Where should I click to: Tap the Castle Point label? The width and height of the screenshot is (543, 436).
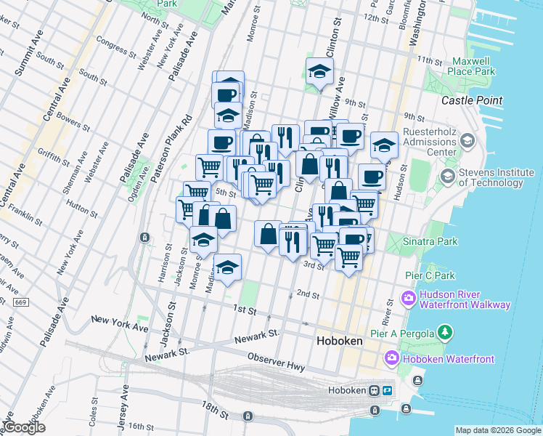(x=473, y=100)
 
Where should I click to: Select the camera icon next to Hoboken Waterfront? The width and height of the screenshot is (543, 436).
(x=392, y=358)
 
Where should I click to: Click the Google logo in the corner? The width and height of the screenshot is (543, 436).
(x=23, y=427)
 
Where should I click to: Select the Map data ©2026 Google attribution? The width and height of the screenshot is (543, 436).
(x=497, y=430)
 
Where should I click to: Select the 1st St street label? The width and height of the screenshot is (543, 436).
(x=245, y=310)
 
